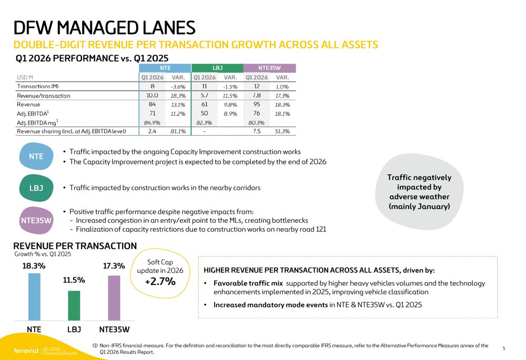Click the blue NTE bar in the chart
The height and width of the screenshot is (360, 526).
[34, 296]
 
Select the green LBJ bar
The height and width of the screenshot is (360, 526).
[74, 305]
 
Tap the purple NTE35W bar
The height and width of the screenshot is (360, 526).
[114, 298]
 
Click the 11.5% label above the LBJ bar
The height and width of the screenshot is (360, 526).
[74, 280]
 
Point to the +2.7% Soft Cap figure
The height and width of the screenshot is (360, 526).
[160, 281]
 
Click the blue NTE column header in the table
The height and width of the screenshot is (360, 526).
[165, 68]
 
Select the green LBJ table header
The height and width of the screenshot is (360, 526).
[217, 68]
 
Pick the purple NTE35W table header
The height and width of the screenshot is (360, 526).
[269, 68]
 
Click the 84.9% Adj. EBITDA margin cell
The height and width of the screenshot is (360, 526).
[152, 122]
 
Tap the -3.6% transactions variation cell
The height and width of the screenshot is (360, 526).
[178, 87]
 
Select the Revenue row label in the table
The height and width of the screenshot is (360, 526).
[28, 105]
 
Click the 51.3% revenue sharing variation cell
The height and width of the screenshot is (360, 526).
[282, 131]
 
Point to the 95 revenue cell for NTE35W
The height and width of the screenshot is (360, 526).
[257, 105]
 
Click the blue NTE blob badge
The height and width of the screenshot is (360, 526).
[36, 156]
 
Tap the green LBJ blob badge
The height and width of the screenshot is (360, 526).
[36, 188]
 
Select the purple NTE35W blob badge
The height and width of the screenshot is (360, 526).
[36, 220]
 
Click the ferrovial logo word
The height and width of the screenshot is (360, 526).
[26, 351]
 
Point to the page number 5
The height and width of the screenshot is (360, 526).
[504, 348]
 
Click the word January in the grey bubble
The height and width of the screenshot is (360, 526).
[434, 206]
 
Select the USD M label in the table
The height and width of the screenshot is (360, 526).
[25, 77]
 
